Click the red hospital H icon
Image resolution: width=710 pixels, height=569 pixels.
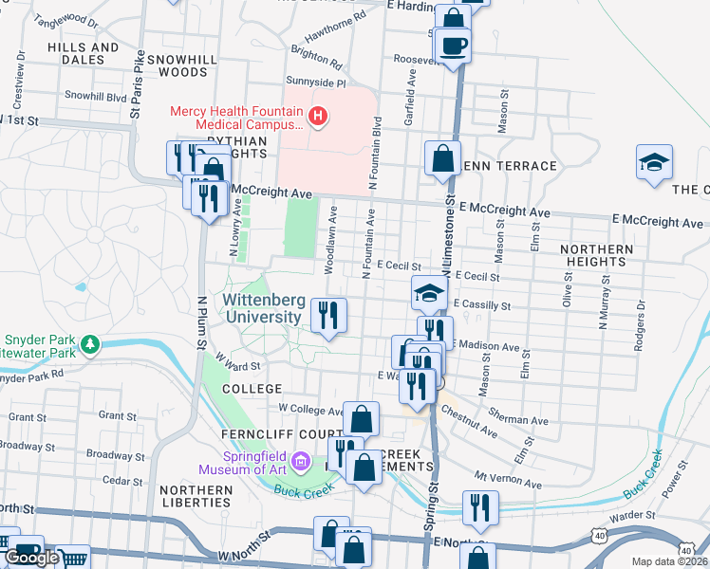(318, 118)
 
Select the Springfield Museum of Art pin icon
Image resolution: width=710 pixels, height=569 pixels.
(301, 462)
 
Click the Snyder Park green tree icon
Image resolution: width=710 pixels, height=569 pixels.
(90, 343)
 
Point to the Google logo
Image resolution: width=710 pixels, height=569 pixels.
(32, 558)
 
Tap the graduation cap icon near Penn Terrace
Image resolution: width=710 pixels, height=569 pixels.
(655, 161)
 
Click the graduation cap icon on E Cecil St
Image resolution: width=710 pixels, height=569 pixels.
(429, 293)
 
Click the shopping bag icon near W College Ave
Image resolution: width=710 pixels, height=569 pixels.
(362, 418)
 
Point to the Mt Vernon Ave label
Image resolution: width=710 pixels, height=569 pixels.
(507, 483)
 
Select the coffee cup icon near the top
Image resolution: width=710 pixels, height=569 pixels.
(454, 46)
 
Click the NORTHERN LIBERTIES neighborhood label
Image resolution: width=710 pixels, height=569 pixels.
(196, 496)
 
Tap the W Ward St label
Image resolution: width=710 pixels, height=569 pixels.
(237, 362)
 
